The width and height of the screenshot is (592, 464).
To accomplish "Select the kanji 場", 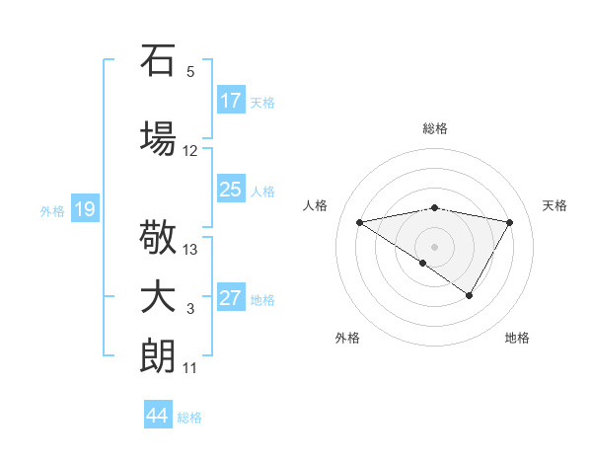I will coord(158,136).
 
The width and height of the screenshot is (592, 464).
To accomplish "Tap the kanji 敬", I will coord(158,237).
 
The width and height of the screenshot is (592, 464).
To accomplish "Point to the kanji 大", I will coord(158,297).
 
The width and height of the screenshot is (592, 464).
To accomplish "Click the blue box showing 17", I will coord(231,101).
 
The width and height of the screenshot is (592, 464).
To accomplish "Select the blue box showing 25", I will coord(231,190).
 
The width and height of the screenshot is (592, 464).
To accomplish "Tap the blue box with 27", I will coord(231,298).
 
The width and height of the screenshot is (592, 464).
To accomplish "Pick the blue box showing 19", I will coord(84,209).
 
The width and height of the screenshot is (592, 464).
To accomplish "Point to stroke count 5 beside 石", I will coord(190,72).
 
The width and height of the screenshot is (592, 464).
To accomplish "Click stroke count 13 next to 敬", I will coord(190,250).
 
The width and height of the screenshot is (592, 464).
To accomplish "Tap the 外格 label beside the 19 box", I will coord(51,210).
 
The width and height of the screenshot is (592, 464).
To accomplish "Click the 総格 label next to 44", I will coord(189,418).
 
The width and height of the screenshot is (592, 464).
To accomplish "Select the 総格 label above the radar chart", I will coord(434,128).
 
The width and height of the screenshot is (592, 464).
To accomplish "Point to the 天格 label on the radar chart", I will coord(555,205).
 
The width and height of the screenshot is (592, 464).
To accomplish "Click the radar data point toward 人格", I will coord(359,222).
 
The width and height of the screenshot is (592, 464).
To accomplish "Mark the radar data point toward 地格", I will coord(470,295).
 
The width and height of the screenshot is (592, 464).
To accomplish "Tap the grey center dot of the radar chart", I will coord(434,246).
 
